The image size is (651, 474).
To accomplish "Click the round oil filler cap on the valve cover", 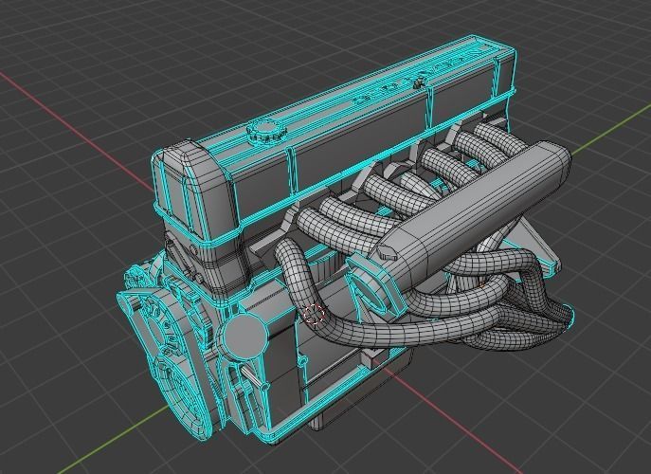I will pyautogui.click(x=262, y=132).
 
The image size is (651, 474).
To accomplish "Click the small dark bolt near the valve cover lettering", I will pyautogui.click(x=416, y=83).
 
